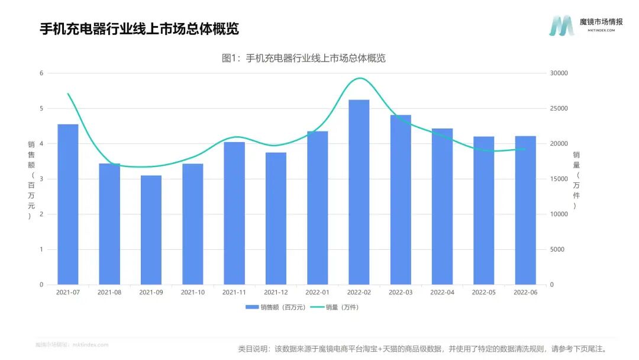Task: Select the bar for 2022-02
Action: pos(359,192)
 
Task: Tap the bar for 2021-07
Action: pos(68,204)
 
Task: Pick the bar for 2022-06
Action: pos(525,210)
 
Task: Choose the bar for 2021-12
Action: pos(276,218)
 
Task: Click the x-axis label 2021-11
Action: pos(234,292)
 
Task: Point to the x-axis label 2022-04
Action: pos(442,292)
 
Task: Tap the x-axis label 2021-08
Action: pos(109,292)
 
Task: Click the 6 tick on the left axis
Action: pos(41,73)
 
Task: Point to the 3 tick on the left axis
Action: pos(41,179)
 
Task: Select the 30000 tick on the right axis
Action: pos(559,73)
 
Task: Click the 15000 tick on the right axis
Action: pos(559,179)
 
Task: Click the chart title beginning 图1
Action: pos(304,58)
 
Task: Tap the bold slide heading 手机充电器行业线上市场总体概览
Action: pos(139,29)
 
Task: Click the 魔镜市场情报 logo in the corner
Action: pos(585,25)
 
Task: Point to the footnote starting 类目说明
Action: pos(422,349)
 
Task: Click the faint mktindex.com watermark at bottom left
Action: pos(72,345)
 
